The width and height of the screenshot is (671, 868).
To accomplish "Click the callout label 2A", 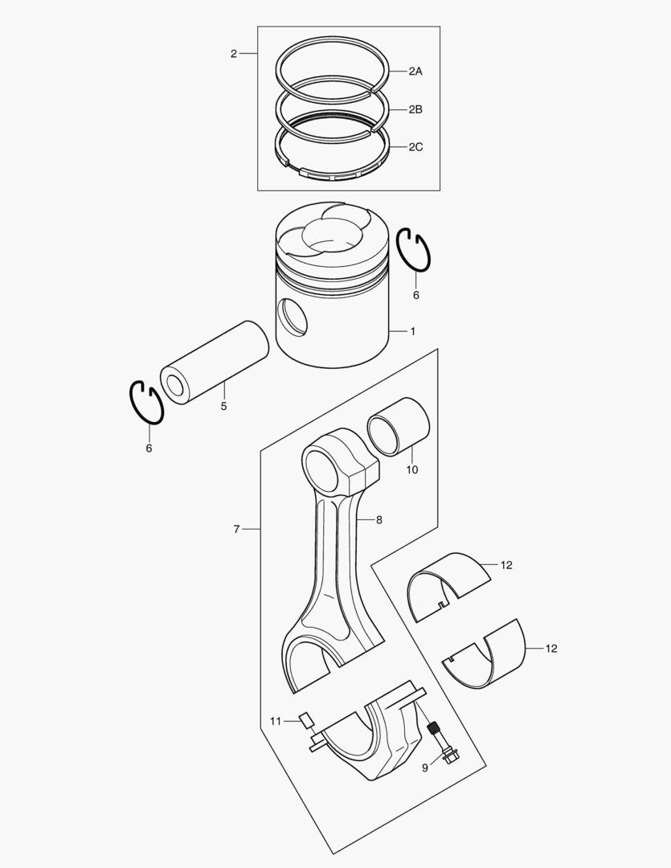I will click(x=415, y=72).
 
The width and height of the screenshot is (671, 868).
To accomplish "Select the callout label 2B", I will click(x=415, y=109).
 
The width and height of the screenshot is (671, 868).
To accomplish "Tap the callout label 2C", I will click(x=415, y=147).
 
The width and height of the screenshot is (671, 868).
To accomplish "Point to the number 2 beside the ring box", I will click(x=233, y=54).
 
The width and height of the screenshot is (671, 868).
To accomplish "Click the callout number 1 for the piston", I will click(x=413, y=331).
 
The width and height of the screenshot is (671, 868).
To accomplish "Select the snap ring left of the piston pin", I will click(x=147, y=402).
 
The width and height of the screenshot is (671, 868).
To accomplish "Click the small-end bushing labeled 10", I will click(x=399, y=427).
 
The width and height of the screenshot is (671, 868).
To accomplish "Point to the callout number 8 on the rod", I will click(x=378, y=520).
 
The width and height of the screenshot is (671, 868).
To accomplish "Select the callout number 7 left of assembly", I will click(x=236, y=530).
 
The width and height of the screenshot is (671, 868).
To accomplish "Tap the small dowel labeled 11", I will click(x=305, y=719).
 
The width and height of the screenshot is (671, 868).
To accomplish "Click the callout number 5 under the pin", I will click(x=223, y=407).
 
